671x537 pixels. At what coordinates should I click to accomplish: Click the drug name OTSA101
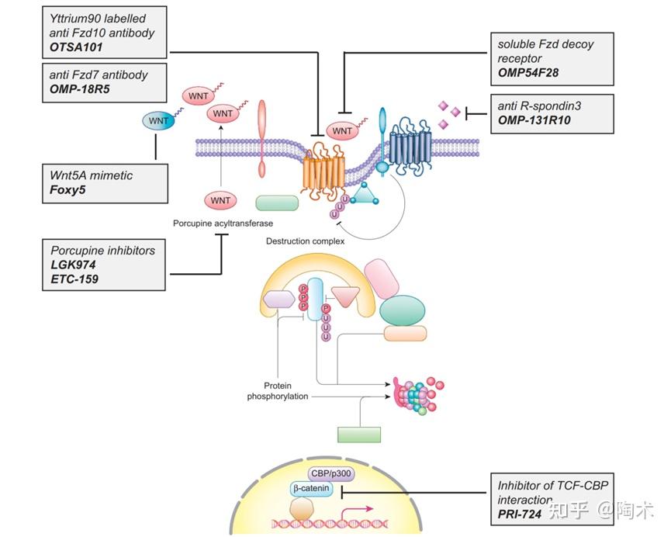point(71,47)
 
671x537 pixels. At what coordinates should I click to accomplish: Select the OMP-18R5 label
point(77,89)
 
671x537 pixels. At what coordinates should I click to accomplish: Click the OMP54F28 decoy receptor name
point(528,74)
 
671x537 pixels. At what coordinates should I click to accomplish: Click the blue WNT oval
point(157,121)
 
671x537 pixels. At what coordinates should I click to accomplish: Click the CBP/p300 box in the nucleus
point(331,473)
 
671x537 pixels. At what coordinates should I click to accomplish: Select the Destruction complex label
point(304,241)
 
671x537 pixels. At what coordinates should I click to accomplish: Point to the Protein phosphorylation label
point(277,390)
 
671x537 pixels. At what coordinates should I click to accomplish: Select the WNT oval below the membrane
point(220,201)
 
